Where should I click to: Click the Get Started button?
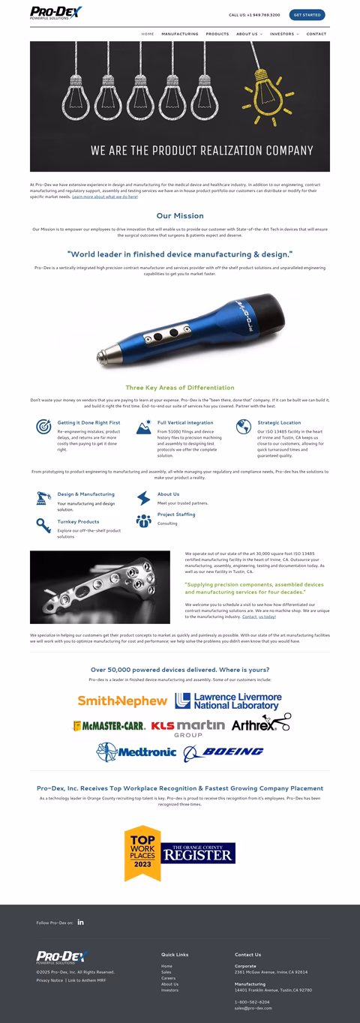coord(307,14)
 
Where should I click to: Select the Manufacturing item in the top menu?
coord(180,34)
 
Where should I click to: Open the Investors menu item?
coord(283,34)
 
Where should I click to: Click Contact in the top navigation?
coord(316,34)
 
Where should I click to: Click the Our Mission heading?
coord(180,216)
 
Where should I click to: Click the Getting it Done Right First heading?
coord(88,422)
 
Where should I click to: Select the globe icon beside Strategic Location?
coord(243,427)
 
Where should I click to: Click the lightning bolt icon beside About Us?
coord(143,498)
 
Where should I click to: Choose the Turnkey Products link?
coord(78,521)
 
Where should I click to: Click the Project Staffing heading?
coord(176,514)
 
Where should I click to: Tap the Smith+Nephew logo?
coord(122,700)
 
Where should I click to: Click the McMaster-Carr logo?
coord(109,726)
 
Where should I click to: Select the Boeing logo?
coord(224,751)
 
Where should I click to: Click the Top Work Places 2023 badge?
coord(142,853)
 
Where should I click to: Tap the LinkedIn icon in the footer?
coord(81,922)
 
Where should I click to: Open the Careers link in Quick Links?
coord(168,978)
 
